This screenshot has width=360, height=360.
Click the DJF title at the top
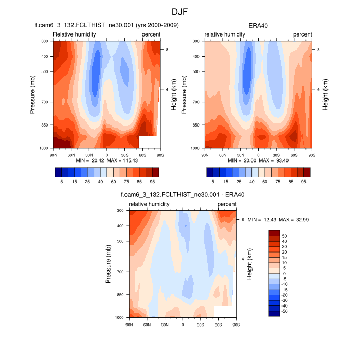coord(180,11)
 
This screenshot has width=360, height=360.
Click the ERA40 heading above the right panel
coord(258,25)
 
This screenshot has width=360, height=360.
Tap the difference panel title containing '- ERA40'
coord(182,195)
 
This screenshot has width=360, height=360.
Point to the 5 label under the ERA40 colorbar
coord(213,182)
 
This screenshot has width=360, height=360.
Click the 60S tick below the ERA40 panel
coord(294,154)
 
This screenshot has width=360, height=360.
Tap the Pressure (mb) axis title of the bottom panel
coord(109,264)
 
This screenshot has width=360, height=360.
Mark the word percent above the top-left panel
coord(151,34)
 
